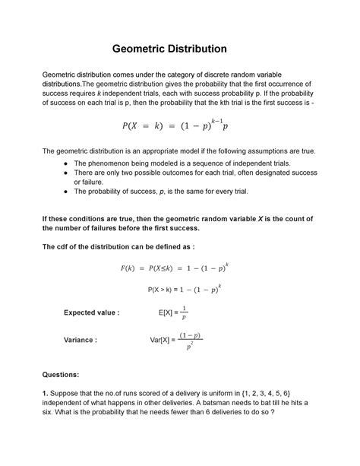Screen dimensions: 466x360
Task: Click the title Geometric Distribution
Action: pos(180,49)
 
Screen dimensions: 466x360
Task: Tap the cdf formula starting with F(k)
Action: pos(180,268)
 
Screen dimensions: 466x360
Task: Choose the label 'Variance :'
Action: pos(81,340)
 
